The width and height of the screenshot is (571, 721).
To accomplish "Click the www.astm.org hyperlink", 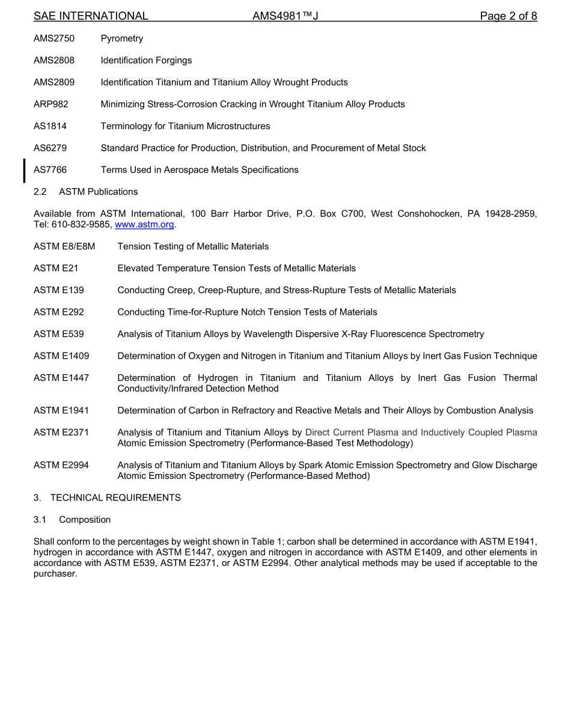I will [x=144, y=225].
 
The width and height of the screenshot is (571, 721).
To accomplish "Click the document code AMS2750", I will [x=54, y=38].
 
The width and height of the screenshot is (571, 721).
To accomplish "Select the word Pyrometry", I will [x=122, y=38].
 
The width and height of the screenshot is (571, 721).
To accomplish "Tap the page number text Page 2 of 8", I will [x=508, y=16].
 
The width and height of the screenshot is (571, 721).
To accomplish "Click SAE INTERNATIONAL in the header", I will [x=91, y=16].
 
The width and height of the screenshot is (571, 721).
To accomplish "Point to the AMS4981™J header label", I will [x=285, y=16].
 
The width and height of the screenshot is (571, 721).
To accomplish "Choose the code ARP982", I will [x=51, y=104].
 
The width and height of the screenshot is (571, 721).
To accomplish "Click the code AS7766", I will [x=50, y=170].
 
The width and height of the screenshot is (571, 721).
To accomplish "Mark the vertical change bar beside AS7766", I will [x=24, y=170].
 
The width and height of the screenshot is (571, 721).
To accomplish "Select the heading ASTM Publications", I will [x=98, y=192].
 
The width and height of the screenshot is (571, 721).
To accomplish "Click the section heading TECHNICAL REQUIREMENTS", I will [x=115, y=497].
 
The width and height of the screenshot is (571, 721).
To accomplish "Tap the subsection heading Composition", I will [x=85, y=520].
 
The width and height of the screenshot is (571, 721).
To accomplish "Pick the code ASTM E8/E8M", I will [x=64, y=246].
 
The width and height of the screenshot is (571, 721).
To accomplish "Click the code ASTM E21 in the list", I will [x=56, y=269].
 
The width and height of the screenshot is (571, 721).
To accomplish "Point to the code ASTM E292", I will [x=59, y=312].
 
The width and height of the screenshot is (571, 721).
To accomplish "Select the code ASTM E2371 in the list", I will [x=61, y=433].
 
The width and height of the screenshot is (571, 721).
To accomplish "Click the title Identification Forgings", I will [x=146, y=60].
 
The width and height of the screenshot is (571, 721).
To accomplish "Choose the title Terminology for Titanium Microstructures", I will [x=185, y=126].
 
